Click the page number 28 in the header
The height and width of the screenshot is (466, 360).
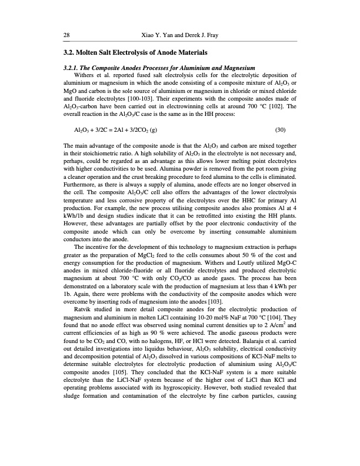tap(66, 35)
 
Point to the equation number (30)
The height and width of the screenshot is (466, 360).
tap(281, 129)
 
